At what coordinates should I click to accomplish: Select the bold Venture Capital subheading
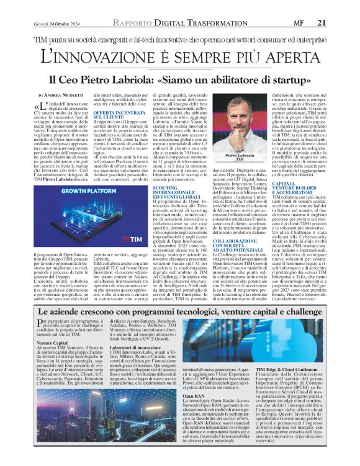pyautogui.click(x=53, y=342)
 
